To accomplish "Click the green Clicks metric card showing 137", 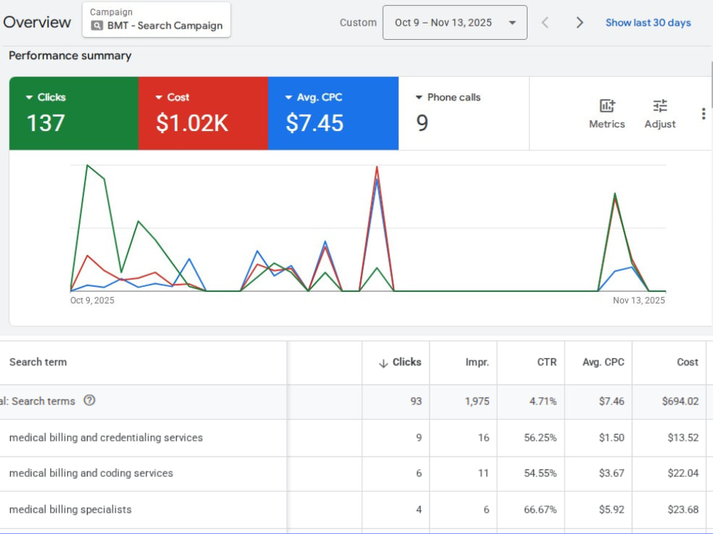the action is click(x=73, y=113).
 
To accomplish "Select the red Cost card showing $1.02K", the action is click(x=203, y=113).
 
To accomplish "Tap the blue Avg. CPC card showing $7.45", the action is click(x=333, y=113).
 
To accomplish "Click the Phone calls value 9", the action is click(x=422, y=123).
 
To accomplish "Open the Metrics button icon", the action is click(x=607, y=106).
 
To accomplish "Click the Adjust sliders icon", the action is click(x=660, y=106).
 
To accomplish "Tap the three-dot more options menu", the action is click(x=704, y=113).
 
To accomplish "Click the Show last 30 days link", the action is click(x=648, y=23).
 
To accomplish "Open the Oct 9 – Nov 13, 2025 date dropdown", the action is click(x=455, y=23).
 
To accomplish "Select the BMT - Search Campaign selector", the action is click(x=156, y=19).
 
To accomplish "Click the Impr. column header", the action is click(x=477, y=362).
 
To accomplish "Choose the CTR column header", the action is click(x=547, y=362).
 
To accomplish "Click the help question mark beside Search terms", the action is click(x=90, y=400).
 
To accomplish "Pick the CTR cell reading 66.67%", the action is click(x=540, y=510).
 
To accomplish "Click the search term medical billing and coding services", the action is click(x=91, y=473).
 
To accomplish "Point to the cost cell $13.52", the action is click(x=683, y=437).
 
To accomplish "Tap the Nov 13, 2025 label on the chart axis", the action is click(x=639, y=300).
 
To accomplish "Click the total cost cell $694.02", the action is click(x=680, y=401).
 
